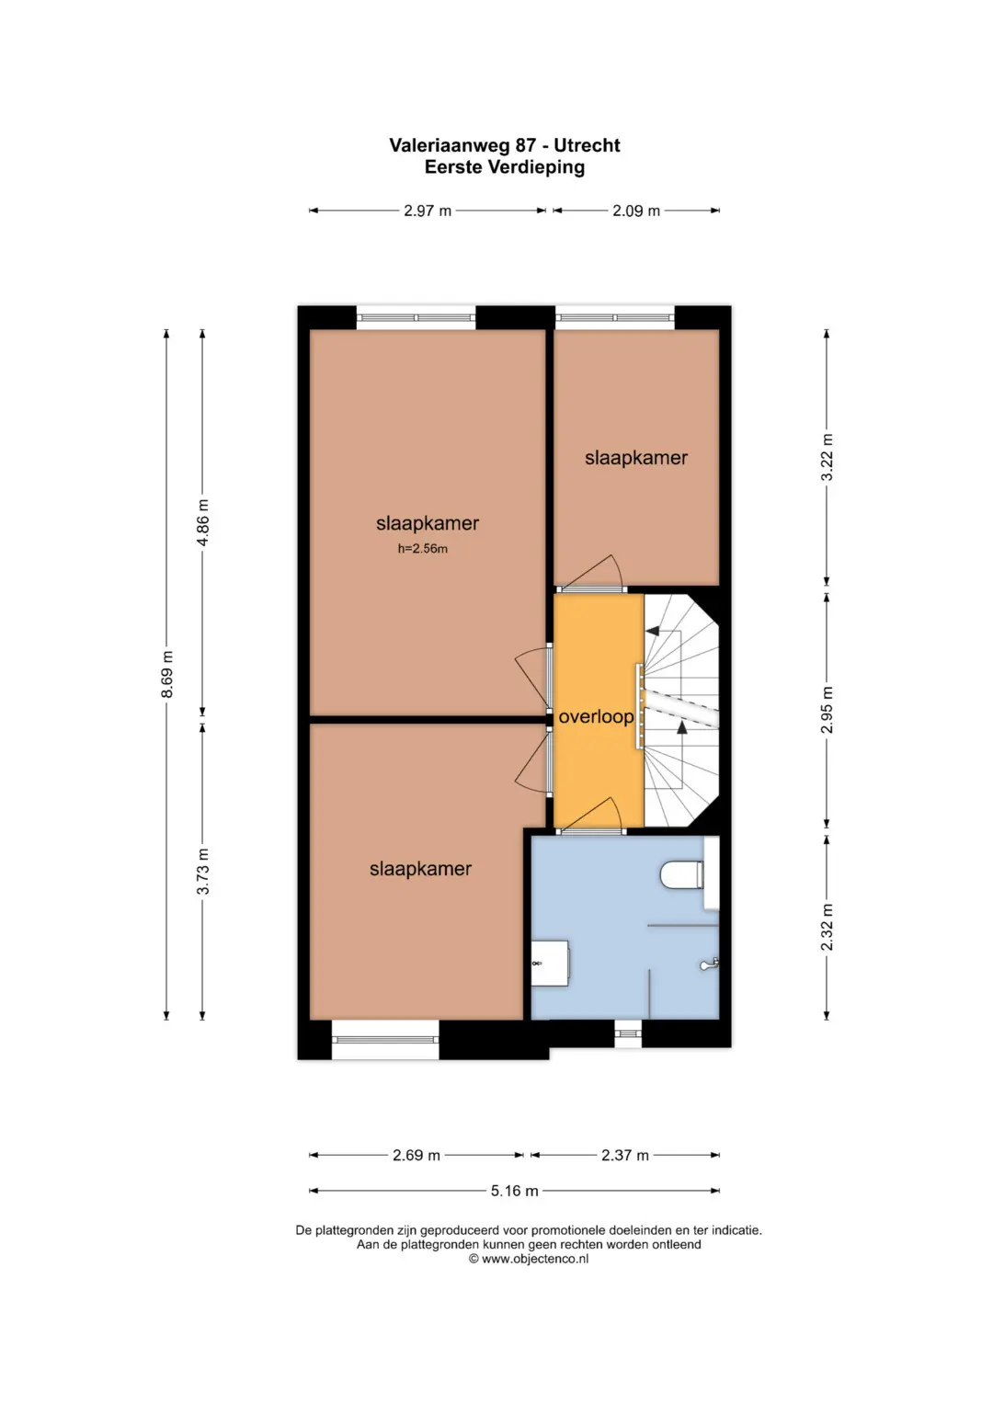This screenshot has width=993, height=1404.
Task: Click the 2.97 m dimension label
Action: [428, 211]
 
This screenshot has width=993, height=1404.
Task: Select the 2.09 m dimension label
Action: [636, 211]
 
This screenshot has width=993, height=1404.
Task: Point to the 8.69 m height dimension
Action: [166, 674]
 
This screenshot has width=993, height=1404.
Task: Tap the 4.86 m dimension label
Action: [202, 522]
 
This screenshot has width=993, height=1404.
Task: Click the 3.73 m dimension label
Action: [202, 871]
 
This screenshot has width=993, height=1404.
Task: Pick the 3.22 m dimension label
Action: [827, 457]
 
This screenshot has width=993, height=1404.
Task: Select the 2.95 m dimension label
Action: [827, 710]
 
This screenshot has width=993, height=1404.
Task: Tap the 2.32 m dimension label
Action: [827, 927]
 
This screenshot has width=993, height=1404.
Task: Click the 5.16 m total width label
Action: [515, 1191]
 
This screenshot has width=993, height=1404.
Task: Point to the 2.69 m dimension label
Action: [417, 1155]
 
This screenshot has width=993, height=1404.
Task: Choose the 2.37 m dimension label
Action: [625, 1155]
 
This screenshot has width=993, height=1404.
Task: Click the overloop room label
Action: [596, 716]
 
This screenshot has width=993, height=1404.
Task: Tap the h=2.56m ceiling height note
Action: [423, 549]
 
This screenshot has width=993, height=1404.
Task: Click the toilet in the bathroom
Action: [682, 874]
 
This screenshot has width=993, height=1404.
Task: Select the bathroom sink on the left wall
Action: [550, 962]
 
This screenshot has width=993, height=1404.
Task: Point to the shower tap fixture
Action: [710, 964]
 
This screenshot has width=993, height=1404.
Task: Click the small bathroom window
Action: [628, 1033]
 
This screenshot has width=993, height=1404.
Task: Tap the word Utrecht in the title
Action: [588, 145]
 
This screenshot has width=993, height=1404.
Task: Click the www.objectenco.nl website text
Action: [535, 1259]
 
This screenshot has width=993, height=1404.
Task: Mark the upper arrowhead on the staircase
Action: [653, 630]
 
